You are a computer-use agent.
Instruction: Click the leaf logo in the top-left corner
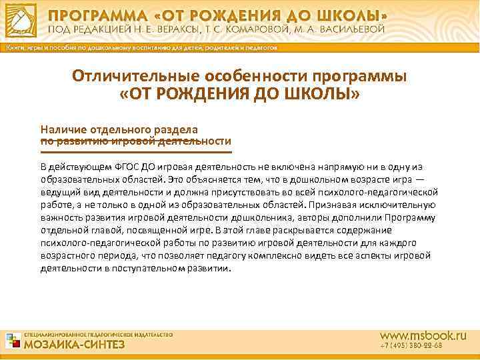pyautogui.click(x=21, y=20)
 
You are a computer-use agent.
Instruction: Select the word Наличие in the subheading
pyautogui.click(x=63, y=129)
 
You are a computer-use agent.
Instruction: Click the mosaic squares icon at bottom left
pyautogui.click(x=13, y=341)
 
